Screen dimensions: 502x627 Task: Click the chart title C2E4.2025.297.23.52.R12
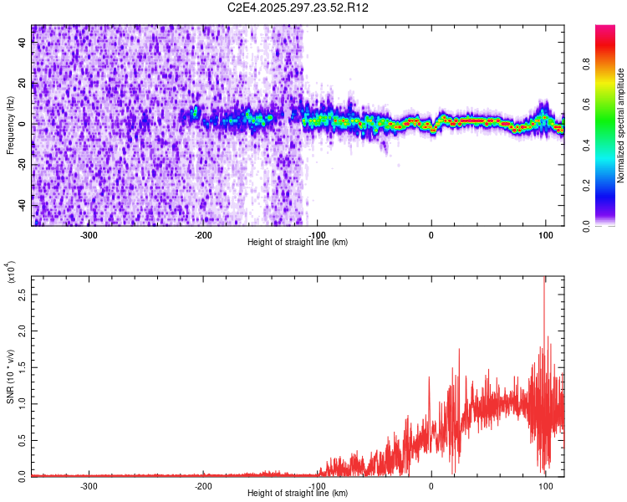click(x=298, y=8)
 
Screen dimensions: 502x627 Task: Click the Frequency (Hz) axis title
click(x=10, y=125)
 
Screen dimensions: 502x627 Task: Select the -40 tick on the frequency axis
click(x=23, y=205)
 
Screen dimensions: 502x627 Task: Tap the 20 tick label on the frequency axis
click(x=23, y=84)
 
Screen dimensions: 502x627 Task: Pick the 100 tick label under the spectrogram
click(x=545, y=234)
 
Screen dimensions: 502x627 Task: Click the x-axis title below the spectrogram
click(x=298, y=242)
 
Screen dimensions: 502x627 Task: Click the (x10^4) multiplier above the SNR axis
click(x=10, y=272)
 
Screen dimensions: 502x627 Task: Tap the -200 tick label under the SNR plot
click(x=203, y=485)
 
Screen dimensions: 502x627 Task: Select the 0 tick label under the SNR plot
click(x=431, y=485)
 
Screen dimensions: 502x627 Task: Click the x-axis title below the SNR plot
click(x=298, y=493)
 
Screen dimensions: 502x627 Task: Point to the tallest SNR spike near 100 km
click(x=544, y=280)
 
